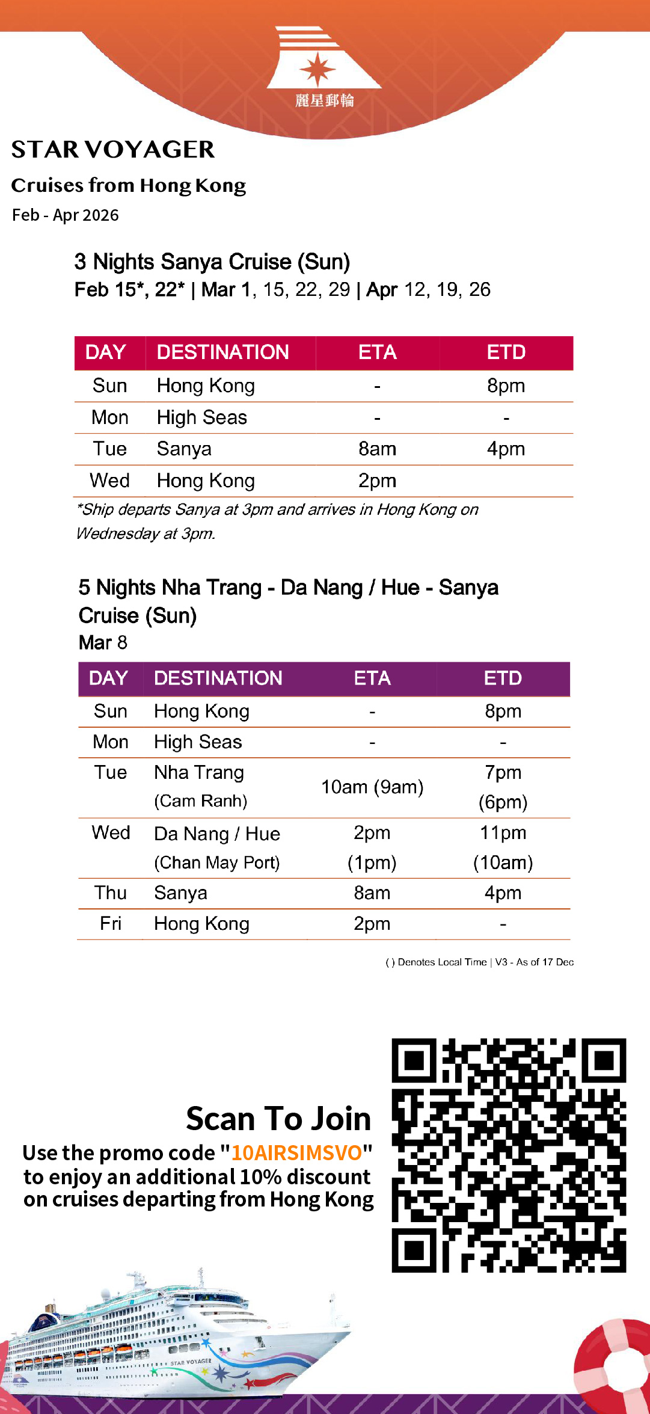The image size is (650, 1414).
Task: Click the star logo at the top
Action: pos(317,68)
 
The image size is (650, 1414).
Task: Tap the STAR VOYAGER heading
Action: pos(113,150)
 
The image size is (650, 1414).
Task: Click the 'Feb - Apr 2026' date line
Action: pos(66,215)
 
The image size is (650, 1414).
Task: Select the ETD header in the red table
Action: pos(506,352)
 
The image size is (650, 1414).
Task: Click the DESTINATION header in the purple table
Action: pos(218,678)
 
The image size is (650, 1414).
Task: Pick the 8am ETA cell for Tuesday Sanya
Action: pos(377,449)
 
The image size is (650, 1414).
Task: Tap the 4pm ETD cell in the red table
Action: pos(506,449)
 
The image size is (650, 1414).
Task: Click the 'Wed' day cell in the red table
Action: pos(109,481)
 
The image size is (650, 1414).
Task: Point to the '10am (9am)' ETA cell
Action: pos(372,787)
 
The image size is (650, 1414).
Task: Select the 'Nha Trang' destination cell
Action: pos(199,773)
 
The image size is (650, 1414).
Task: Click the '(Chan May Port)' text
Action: pos(217,863)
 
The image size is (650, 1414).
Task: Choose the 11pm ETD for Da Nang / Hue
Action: pos(503,833)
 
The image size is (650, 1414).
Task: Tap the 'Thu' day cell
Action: pos(111,893)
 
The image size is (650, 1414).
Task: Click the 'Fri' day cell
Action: pos(111,924)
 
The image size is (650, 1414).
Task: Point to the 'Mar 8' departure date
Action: pos(103,643)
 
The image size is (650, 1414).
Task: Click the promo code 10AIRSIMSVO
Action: pos(296,1153)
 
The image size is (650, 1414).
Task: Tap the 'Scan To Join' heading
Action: pos(278,1119)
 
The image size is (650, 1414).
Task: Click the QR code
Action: pos(509,1155)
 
